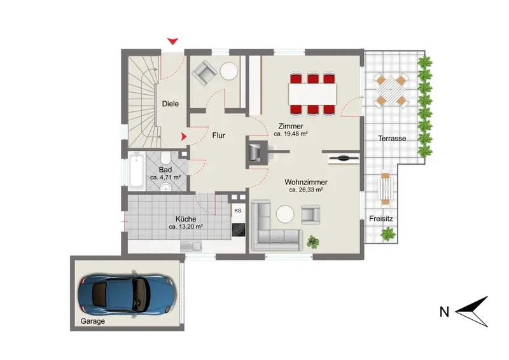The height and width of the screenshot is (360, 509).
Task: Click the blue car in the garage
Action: tap(127, 294)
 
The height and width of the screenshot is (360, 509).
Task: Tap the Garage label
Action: tap(92, 321)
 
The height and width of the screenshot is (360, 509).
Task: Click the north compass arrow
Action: tap(471, 312)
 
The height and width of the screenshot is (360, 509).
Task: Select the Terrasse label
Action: tap(392, 138)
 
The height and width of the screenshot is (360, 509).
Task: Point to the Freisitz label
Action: tap(380, 219)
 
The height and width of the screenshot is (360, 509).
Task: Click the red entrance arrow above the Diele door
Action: tap(172, 41)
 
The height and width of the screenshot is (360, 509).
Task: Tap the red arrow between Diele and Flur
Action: tap(184, 137)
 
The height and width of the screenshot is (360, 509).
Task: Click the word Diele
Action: tap(171, 104)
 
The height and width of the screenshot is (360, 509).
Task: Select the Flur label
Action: tap(218, 135)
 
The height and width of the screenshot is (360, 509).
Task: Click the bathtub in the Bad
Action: tap(136, 172)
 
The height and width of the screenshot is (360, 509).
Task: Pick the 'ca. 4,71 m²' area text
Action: tap(165, 177)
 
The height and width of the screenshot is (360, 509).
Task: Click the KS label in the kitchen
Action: tap(237, 211)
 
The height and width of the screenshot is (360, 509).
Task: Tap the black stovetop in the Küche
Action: tap(239, 230)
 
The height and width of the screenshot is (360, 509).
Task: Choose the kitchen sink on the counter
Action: tap(191, 247)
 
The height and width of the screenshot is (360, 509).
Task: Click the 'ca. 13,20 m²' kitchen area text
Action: tap(186, 226)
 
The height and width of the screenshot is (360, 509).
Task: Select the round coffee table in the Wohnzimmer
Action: tap(285, 214)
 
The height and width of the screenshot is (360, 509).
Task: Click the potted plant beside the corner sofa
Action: tap(312, 242)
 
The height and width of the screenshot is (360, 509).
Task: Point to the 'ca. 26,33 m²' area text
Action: tap(306, 190)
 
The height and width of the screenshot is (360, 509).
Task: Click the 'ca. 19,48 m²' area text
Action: tap(291, 134)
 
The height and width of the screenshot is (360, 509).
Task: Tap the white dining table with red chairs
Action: tap(312, 94)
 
